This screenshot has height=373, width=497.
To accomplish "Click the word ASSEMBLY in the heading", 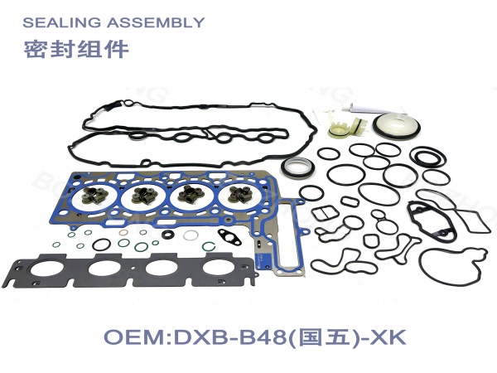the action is point(156,22).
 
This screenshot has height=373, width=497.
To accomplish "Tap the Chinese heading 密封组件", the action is point(76,49).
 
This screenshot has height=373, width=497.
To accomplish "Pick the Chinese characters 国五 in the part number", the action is point(322,337).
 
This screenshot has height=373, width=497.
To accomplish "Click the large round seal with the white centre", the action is point(397,126).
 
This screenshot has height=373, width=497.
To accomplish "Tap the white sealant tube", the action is point(374,109).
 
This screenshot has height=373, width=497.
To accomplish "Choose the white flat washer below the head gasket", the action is point(191,235).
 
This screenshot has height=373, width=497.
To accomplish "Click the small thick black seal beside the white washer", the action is point(167,235).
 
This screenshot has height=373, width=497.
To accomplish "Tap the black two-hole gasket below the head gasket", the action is point(229,236).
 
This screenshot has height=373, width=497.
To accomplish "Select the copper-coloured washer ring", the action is point(123,233).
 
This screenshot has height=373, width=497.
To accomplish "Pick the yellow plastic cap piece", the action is point(339,131).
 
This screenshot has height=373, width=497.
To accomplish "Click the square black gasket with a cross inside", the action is point(324,214).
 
